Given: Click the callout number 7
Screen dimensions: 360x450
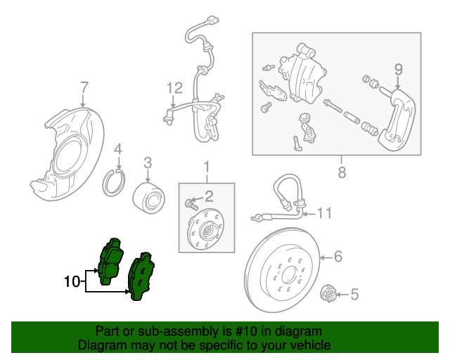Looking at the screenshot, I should coord(84,88).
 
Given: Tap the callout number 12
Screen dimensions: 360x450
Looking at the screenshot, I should coord(174,88).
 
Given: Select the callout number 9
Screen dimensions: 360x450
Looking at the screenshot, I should coord(398,69).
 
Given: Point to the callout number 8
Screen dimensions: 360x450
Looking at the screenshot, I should coord(342,172).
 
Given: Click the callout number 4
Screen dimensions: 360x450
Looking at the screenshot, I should coord(118,148).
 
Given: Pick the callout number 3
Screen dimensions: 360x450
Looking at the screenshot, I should coord(148,163).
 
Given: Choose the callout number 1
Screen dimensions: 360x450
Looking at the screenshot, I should coord(207,167).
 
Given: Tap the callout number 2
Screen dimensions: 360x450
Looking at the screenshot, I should coord(208,195).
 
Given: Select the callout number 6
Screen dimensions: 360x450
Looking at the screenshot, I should coord(337,257).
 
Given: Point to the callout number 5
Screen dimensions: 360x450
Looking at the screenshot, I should coord(354,295).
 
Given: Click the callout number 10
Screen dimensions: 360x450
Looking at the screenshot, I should coord(72,282).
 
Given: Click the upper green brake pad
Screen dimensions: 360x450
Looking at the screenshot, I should coord(110,259).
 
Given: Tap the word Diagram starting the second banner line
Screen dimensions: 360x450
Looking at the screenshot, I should coord(103,345).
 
